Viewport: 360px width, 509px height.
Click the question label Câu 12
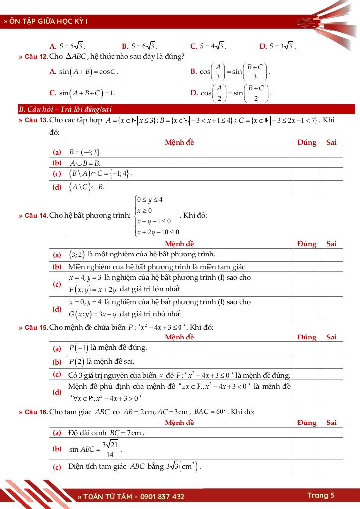(x=33, y=56)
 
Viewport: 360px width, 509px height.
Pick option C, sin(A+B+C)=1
(x=83, y=93)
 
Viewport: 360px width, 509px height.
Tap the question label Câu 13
(x=33, y=120)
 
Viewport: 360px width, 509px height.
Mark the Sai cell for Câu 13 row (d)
(x=331, y=187)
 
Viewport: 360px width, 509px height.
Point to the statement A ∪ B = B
(x=85, y=163)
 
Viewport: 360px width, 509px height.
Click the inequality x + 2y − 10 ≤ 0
(x=158, y=232)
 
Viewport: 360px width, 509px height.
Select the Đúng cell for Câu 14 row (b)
(x=306, y=267)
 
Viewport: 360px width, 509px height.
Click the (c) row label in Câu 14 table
(x=57, y=284)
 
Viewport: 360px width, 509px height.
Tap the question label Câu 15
(x=33, y=327)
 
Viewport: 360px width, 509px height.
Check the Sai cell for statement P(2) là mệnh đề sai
(x=331, y=362)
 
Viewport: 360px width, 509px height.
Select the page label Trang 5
(x=321, y=495)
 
